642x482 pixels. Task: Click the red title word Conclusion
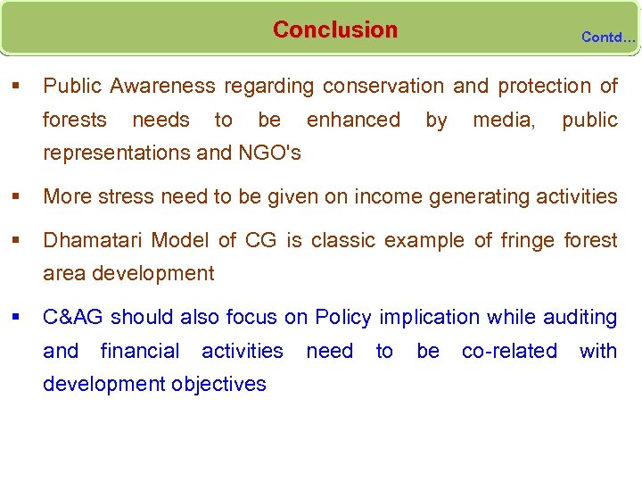[x=334, y=29]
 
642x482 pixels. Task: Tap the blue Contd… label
[x=608, y=37]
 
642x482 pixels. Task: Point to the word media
[x=504, y=120]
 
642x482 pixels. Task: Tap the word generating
[x=472, y=196]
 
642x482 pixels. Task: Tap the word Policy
[x=345, y=318]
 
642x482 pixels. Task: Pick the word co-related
[x=508, y=351]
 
